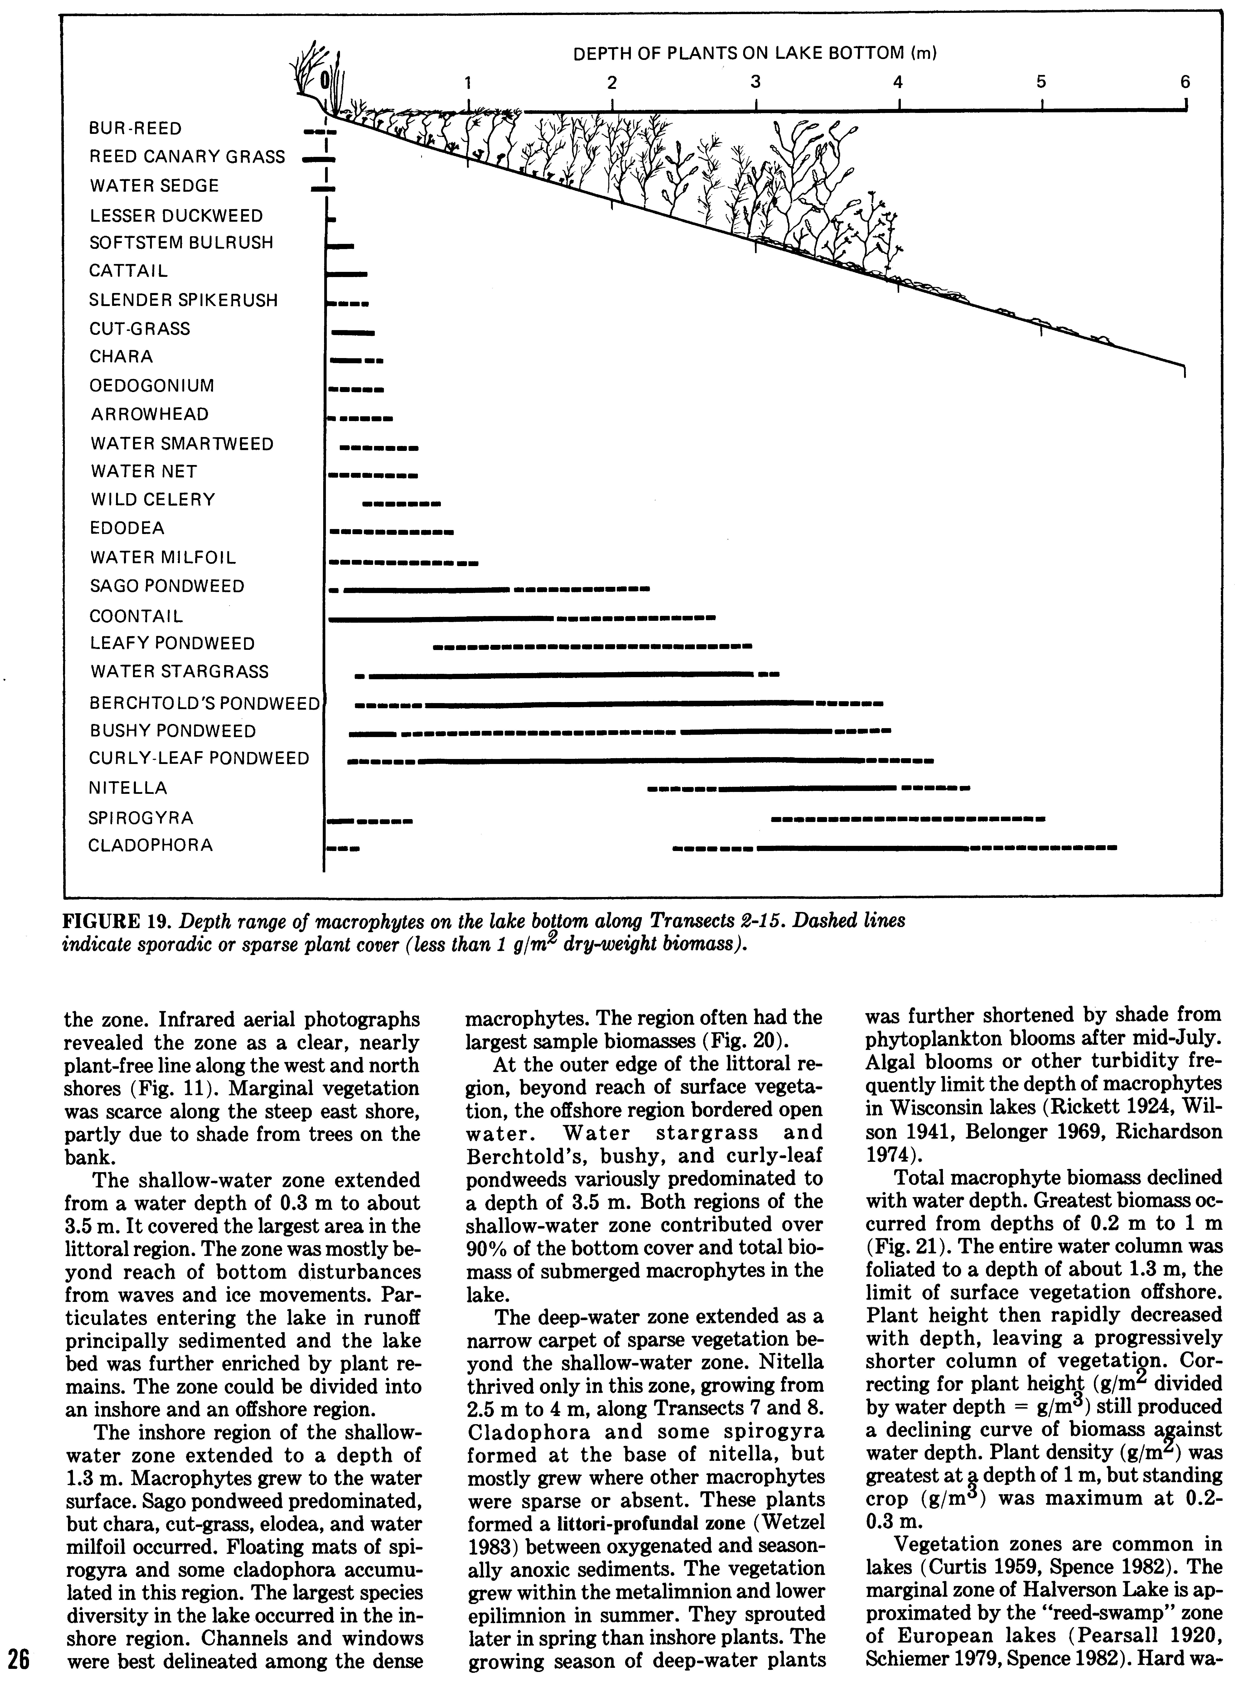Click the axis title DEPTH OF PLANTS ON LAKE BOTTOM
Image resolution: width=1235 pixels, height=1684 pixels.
[755, 54]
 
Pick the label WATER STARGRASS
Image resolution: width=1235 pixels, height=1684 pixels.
[179, 672]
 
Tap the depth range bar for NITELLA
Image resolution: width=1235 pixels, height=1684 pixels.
[807, 788]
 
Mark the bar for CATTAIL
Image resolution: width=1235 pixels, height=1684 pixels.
[348, 274]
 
